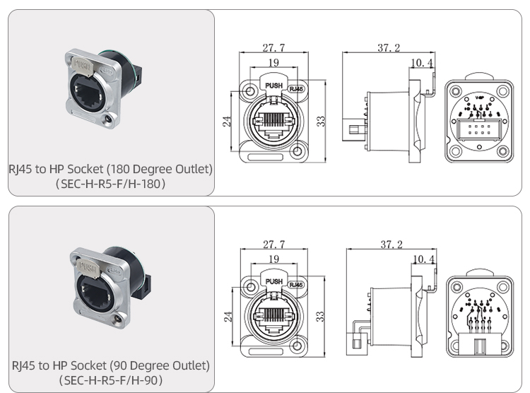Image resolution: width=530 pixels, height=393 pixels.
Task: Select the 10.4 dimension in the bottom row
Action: click(x=423, y=259)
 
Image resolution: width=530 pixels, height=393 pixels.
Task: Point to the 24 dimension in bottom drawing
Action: click(x=228, y=317)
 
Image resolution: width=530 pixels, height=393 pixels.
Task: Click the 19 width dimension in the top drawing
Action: click(x=273, y=64)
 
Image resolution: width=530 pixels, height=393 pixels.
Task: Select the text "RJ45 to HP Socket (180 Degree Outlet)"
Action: click(x=111, y=170)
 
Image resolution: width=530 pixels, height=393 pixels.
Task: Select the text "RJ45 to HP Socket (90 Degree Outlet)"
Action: click(x=111, y=365)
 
